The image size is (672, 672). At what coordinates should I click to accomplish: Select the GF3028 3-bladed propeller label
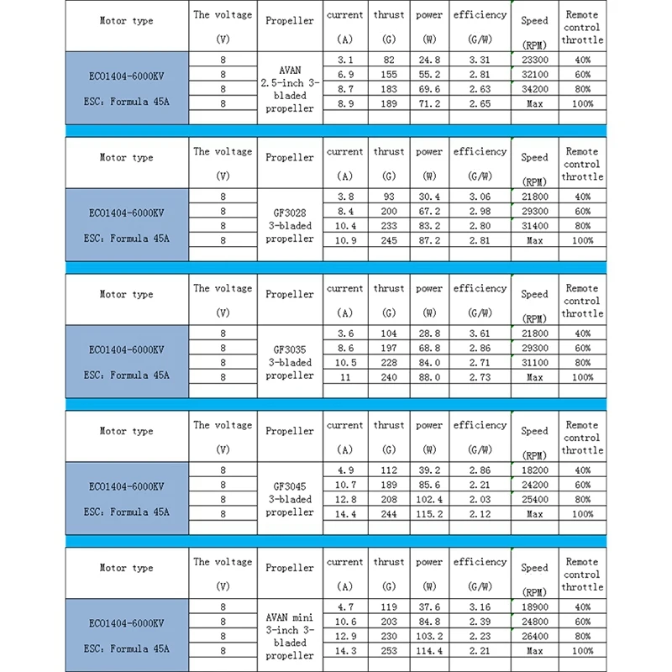click(x=290, y=226)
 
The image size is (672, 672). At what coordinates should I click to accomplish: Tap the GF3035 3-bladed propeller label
click(x=290, y=363)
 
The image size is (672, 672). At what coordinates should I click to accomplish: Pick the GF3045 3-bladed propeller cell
click(x=290, y=499)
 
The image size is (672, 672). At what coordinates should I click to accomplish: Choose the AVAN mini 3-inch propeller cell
click(x=290, y=636)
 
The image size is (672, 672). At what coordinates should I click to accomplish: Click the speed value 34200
click(x=534, y=89)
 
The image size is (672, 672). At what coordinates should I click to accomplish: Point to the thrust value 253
click(x=389, y=650)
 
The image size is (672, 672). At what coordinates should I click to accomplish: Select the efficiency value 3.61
click(x=480, y=333)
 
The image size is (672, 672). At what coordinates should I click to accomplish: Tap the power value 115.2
click(x=429, y=514)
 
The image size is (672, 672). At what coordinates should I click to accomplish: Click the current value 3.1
click(x=344, y=60)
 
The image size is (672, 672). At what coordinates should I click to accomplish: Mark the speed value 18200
click(x=534, y=470)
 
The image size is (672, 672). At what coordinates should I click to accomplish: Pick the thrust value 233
click(x=389, y=226)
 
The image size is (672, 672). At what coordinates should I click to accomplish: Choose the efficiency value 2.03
click(x=480, y=499)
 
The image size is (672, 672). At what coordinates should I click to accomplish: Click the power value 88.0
click(x=429, y=377)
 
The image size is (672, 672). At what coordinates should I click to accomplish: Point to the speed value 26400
click(x=534, y=636)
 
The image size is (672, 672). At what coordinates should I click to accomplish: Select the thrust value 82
click(x=389, y=60)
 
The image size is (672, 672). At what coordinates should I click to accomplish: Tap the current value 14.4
click(x=344, y=514)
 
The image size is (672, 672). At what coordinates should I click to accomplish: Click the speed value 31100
click(x=534, y=362)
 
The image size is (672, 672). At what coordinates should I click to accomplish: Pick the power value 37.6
click(x=429, y=606)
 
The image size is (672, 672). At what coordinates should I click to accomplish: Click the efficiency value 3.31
click(x=480, y=60)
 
